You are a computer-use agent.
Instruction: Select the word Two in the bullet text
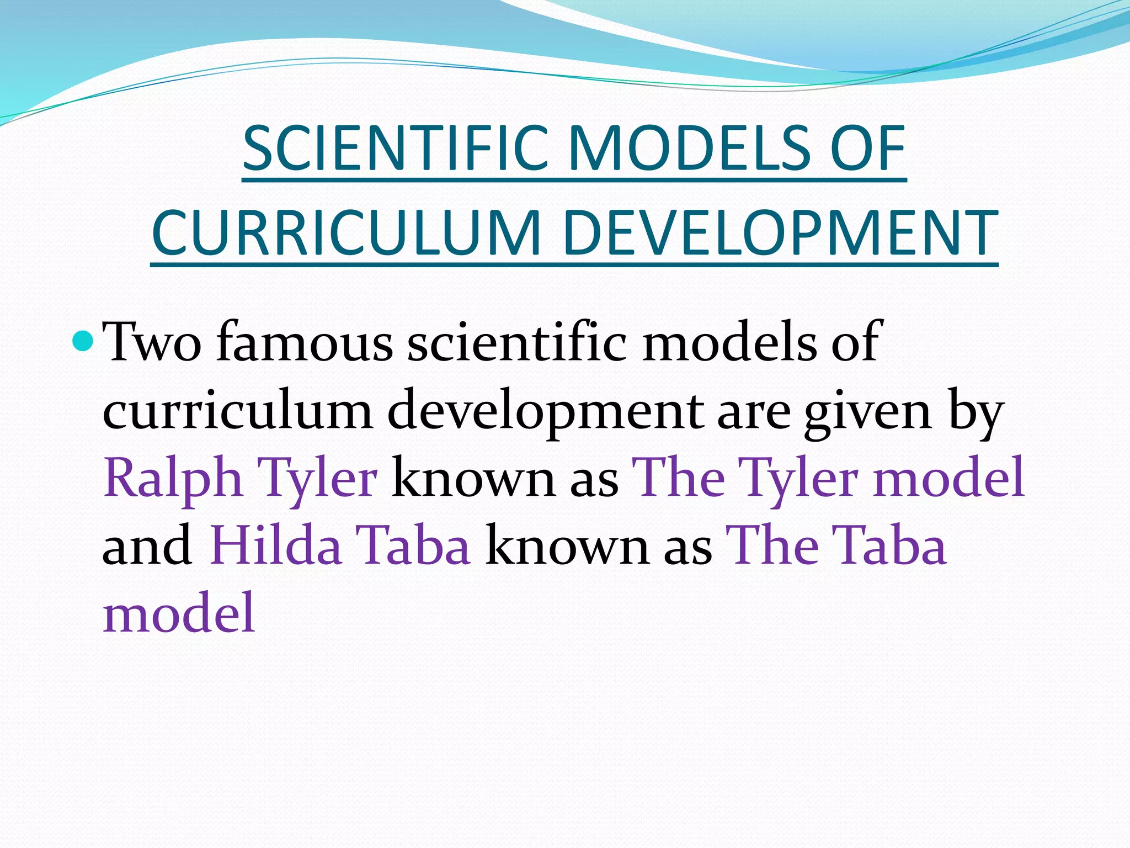click(153, 342)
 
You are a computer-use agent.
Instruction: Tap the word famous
click(305, 342)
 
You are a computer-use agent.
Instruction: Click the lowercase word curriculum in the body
click(238, 411)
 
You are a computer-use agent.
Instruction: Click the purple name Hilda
click(275, 545)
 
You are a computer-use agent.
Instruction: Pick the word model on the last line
click(179, 613)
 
